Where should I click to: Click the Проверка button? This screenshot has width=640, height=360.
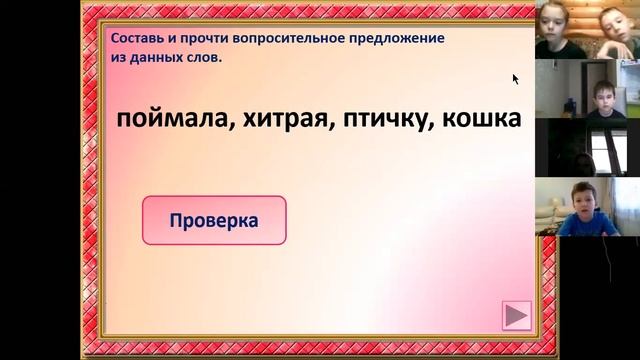(214, 220)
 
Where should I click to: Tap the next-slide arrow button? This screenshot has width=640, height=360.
(516, 316)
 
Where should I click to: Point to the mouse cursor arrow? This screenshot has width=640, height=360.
(516, 78)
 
